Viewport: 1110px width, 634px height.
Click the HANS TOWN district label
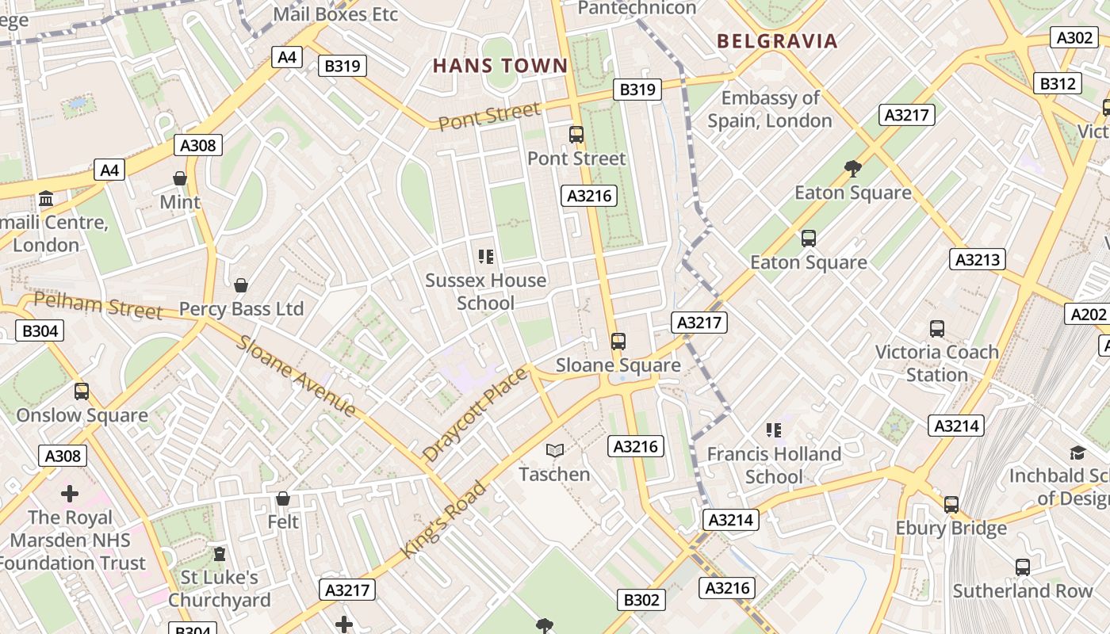pos(500,66)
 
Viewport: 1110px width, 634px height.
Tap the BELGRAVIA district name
pos(777,41)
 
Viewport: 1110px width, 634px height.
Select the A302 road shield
pos(1074,37)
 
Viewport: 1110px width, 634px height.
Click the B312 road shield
pos(1058,83)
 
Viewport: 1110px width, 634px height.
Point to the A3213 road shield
pos(978,259)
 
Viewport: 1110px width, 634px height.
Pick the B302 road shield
pos(641,600)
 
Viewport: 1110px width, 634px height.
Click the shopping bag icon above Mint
pos(180,178)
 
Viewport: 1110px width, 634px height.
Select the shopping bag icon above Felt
pos(283,498)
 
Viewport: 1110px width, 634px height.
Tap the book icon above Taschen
pos(555,450)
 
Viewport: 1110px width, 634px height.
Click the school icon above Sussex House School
pos(486,256)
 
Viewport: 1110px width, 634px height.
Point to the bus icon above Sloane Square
pos(618,342)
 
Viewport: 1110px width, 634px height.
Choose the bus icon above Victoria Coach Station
pos(937,328)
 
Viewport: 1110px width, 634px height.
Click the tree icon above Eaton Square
pos(853,168)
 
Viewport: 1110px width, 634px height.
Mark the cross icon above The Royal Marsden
pos(70,494)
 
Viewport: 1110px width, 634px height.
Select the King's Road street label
pos(443,519)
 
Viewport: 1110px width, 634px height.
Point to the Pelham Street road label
pos(98,305)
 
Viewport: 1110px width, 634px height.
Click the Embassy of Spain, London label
pos(770,109)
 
